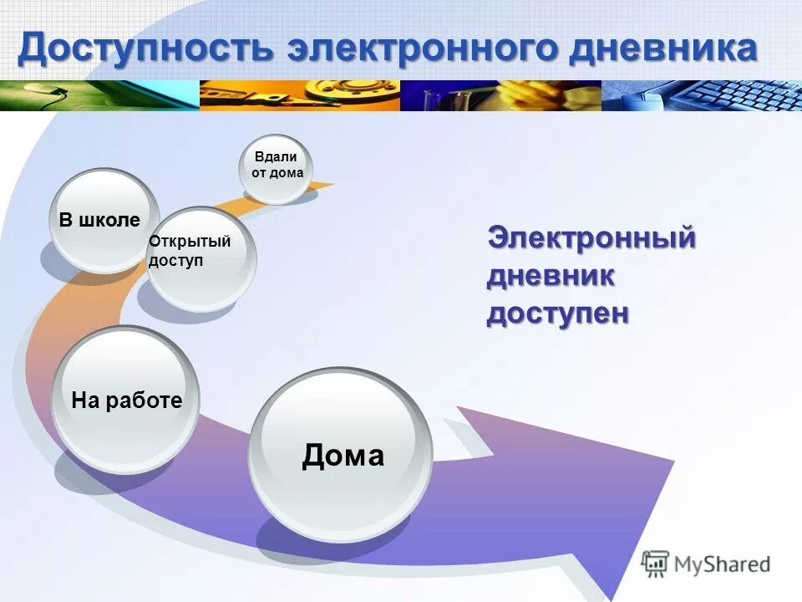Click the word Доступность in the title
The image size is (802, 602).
147,48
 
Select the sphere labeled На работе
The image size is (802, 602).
125,400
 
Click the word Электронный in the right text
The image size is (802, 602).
591,237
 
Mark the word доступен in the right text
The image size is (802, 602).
558,314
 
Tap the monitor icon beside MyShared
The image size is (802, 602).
656,564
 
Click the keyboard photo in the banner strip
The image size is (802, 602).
702,95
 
